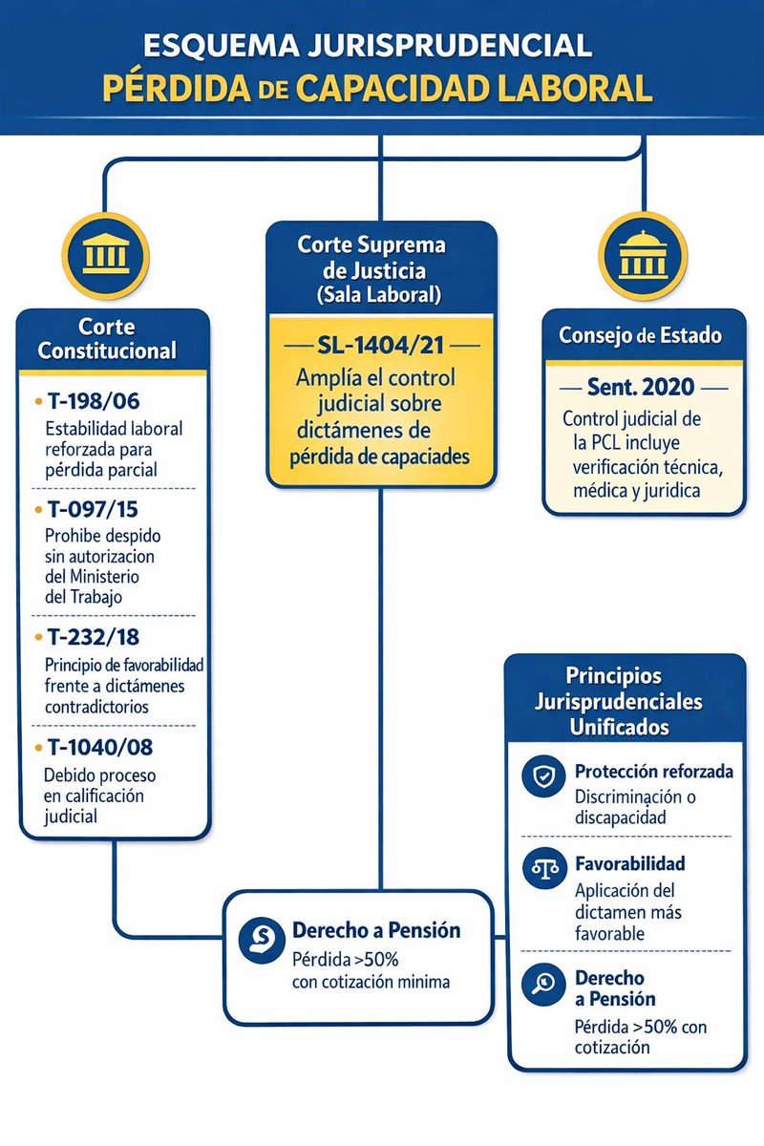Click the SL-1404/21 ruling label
coord(382,343)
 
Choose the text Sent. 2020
coord(643,389)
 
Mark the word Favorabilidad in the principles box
coord(629,863)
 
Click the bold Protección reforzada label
coord(653,771)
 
